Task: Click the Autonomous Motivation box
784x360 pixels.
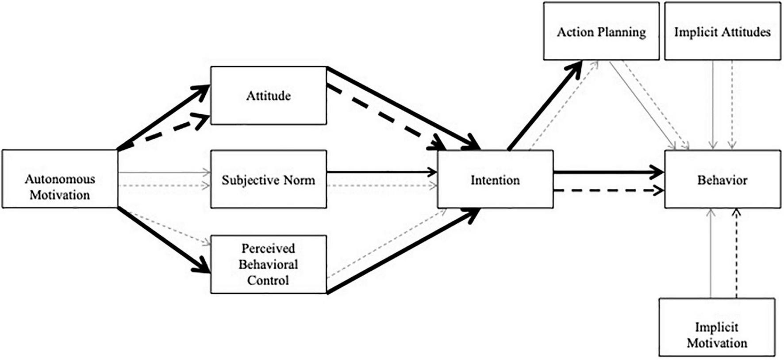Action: pyautogui.click(x=60, y=179)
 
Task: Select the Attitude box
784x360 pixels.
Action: pyautogui.click(x=268, y=96)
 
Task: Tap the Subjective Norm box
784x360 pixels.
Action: pyautogui.click(x=268, y=179)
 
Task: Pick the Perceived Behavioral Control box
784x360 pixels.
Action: pyautogui.click(x=268, y=264)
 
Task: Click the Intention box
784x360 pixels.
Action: pyautogui.click(x=495, y=179)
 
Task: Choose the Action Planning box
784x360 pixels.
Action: pyautogui.click(x=601, y=31)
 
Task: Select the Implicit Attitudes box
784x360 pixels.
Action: pyautogui.click(x=722, y=31)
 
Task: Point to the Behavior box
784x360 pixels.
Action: pyautogui.click(x=722, y=179)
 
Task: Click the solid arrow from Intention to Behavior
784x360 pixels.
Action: pyautogui.click(x=606, y=172)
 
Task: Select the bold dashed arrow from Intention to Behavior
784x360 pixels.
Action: pyautogui.click(x=606, y=191)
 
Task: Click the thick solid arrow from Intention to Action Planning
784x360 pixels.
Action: pyautogui.click(x=544, y=106)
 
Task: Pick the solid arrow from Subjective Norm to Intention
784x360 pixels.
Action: pyautogui.click(x=380, y=172)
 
